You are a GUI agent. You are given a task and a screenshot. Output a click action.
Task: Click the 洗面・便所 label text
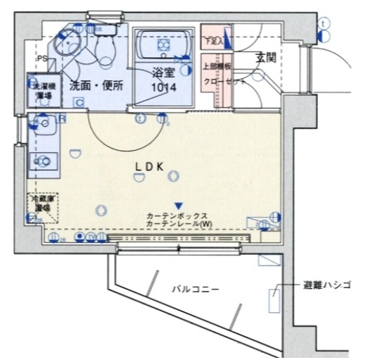pos(96,85)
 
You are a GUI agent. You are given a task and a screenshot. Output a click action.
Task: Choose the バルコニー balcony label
pos(196,289)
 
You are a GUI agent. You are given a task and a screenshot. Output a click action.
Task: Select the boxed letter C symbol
pos(80,102)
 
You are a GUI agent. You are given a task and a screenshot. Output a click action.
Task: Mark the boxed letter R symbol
pos(62,119)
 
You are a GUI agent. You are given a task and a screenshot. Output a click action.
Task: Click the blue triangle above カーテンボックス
pos(178,204)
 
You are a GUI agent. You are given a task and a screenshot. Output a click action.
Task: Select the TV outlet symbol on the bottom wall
pos(91,237)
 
